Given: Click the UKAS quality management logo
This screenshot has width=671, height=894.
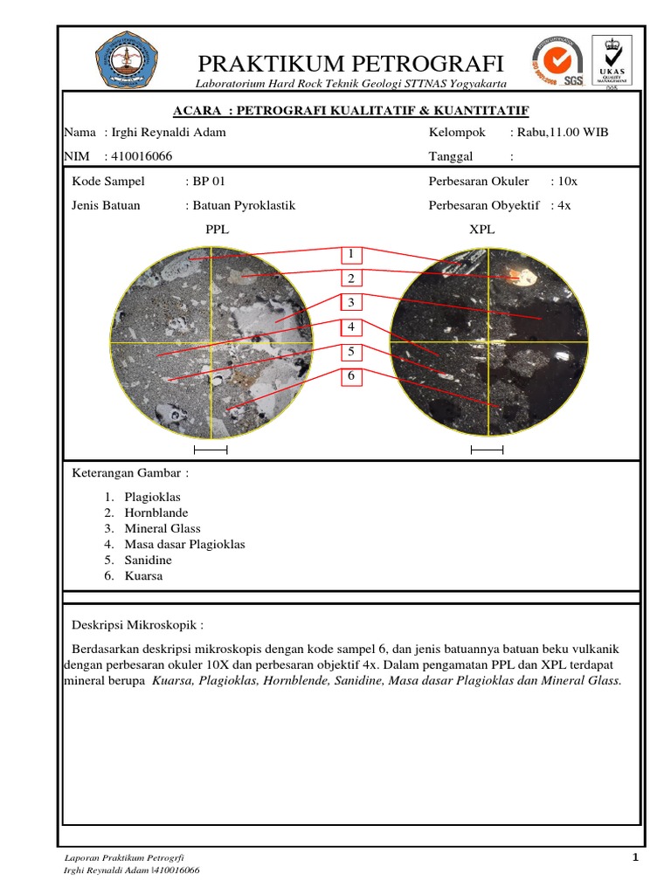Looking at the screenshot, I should click(x=612, y=62).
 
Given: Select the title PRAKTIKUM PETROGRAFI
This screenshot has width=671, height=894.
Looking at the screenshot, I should click(x=351, y=63).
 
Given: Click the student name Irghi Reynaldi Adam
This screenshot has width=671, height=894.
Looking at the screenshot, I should click(x=167, y=133).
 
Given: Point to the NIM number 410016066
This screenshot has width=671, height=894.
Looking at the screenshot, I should click(x=141, y=156).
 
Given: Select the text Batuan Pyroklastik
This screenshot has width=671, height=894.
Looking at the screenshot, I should click(x=244, y=205).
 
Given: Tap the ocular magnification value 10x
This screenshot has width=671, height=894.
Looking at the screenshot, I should click(x=567, y=182).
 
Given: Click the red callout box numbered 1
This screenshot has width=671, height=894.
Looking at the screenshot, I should click(x=350, y=254).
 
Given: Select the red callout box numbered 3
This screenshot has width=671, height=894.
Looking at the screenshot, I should click(x=350, y=303).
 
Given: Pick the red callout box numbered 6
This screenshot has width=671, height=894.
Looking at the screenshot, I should click(x=350, y=375).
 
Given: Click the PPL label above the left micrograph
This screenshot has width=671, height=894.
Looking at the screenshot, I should click(x=217, y=229).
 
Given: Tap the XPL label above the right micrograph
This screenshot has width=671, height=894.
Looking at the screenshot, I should click(x=482, y=229).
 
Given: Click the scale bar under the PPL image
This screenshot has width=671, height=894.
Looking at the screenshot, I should click(x=210, y=450).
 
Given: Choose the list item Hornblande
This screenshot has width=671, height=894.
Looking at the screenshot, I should click(x=156, y=512).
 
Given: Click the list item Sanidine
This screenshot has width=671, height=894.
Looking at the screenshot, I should click(x=148, y=560).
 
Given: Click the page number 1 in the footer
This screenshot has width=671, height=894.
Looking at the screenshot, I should click(x=636, y=857).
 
